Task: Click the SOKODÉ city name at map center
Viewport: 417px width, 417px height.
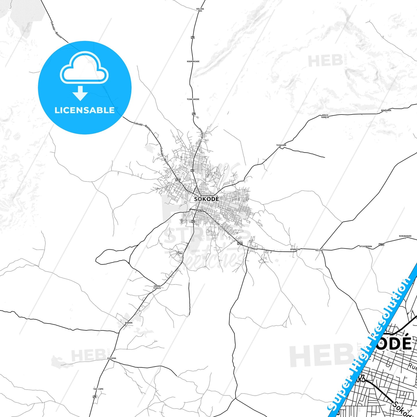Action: click(x=206, y=199)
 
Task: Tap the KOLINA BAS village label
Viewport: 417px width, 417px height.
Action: click(x=200, y=10)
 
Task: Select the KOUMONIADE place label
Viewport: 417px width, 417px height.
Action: click(x=193, y=61)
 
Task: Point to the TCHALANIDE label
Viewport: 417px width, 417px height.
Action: click(x=193, y=99)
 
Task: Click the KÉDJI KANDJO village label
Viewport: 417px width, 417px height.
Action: click(x=325, y=116)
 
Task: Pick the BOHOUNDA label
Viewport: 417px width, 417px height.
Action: click(x=386, y=110)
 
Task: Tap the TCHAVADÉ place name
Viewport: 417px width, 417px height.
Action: click(x=281, y=145)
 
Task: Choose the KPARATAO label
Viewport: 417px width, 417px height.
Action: click(x=295, y=249)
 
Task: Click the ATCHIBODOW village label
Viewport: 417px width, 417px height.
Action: click(x=366, y=246)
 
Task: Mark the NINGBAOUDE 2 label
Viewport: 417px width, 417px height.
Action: click(x=405, y=237)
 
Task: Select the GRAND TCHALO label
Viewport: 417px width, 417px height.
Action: click(x=157, y=287)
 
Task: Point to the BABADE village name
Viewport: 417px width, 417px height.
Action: click(x=129, y=323)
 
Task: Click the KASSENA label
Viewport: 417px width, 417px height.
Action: click(x=112, y=358)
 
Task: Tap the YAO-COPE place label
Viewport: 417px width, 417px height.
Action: click(x=98, y=389)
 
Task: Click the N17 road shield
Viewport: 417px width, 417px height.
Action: click(x=178, y=180)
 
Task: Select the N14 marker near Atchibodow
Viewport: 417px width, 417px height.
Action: click(x=382, y=244)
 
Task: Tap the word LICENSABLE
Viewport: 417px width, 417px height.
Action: click(x=85, y=110)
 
